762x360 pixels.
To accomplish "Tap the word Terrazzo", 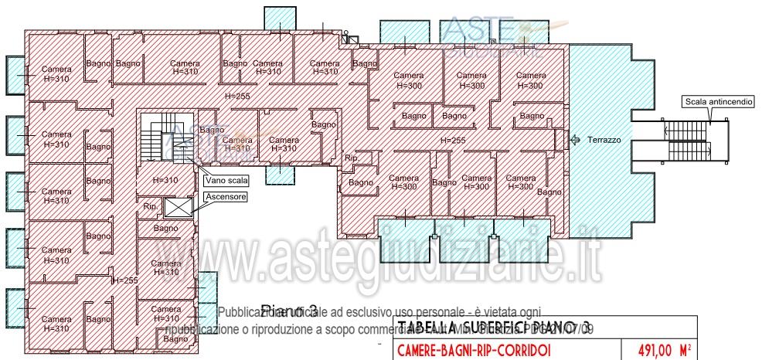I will (605, 140).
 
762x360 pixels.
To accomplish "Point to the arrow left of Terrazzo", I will (575, 140).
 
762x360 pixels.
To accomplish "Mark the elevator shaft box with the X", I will (177, 208).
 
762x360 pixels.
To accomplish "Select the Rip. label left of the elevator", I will (150, 207).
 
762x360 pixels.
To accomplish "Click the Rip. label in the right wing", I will (352, 158).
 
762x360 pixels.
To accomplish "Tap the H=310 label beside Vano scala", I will (165, 180).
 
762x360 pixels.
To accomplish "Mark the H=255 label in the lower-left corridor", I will (124, 280).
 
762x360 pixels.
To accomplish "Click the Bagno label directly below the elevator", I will (165, 229).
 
